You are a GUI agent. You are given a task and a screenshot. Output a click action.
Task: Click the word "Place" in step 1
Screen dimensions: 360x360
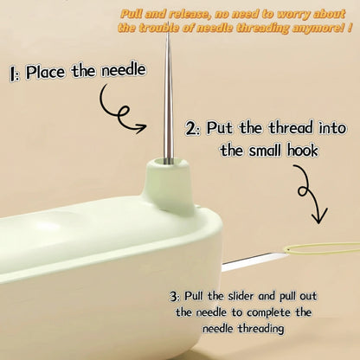click(x=45, y=72)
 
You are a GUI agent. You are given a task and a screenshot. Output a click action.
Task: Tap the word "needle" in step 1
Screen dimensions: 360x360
click(x=124, y=70)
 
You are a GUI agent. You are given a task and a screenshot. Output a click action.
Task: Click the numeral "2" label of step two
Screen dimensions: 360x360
click(x=190, y=129)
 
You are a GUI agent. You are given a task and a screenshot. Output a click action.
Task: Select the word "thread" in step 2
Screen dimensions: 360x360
click(x=291, y=128)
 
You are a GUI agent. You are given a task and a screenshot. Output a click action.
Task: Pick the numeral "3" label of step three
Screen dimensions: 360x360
click(x=173, y=297)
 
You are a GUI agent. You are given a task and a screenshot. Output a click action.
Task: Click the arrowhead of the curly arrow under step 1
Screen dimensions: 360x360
click(x=141, y=127)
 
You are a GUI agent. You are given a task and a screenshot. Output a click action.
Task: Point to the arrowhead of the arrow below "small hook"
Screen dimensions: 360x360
click(x=318, y=215)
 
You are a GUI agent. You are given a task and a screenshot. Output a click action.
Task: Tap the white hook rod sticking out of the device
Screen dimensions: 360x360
click(x=251, y=262)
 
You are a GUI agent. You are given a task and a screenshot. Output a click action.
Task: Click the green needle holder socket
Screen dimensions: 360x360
click(x=168, y=183)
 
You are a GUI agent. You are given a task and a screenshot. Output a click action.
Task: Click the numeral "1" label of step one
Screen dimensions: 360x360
click(x=13, y=74)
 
